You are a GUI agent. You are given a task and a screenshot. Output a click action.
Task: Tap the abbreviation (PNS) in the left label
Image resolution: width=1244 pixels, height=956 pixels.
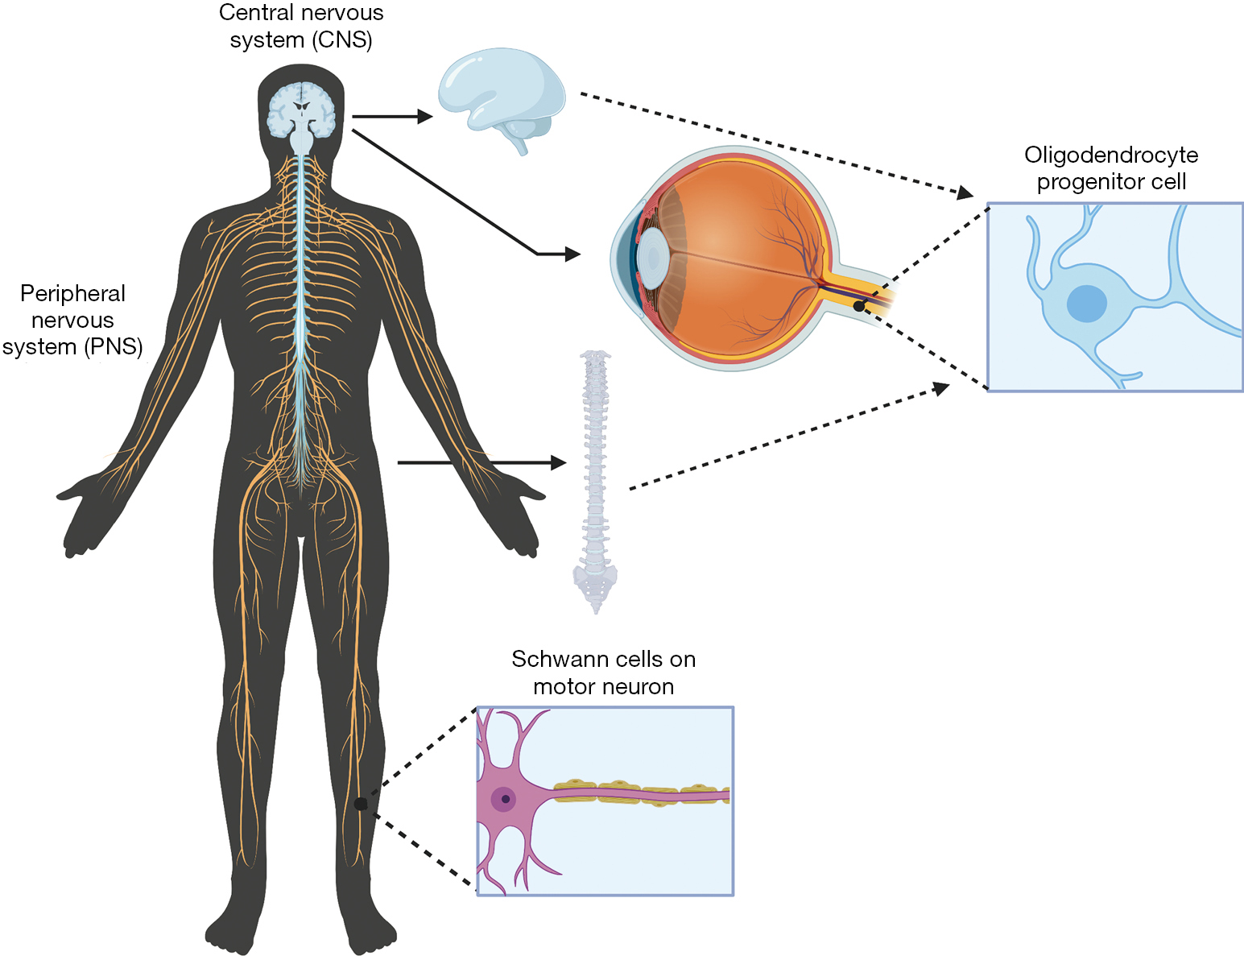pyautogui.click(x=113, y=347)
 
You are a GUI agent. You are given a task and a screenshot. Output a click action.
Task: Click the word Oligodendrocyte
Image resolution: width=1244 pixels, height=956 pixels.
pyautogui.click(x=1111, y=155)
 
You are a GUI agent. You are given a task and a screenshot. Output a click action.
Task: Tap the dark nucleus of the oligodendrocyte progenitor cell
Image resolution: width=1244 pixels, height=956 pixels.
pyautogui.click(x=1087, y=304)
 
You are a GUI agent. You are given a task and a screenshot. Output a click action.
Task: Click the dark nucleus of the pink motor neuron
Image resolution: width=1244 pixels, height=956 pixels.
pyautogui.click(x=505, y=799)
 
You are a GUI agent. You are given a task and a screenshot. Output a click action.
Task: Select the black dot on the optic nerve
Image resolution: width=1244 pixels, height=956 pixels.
pyautogui.click(x=859, y=307)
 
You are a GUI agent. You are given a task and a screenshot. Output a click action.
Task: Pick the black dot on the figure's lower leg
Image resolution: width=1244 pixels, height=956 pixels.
pyautogui.click(x=360, y=804)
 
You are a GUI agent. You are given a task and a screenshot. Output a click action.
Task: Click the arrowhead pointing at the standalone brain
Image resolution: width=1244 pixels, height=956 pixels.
pyautogui.click(x=425, y=117)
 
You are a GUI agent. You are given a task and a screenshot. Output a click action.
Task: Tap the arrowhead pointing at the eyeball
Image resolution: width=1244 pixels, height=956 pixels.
pyautogui.click(x=572, y=255)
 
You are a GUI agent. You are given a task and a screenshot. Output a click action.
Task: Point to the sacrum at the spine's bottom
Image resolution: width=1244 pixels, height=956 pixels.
pyautogui.click(x=595, y=583)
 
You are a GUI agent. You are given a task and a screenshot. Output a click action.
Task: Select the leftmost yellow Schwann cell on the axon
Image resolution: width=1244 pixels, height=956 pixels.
pyautogui.click(x=574, y=788)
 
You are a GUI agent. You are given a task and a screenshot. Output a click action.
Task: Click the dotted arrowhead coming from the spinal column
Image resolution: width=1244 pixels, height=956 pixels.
pyautogui.click(x=940, y=388)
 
